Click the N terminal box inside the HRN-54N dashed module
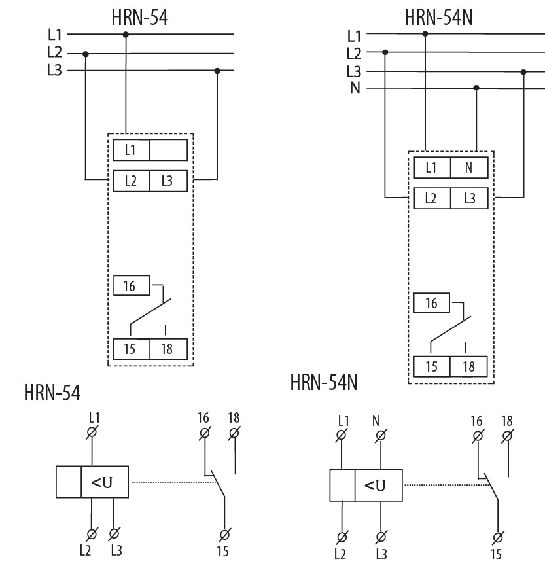coord(468,168)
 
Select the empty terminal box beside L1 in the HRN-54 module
coord(168,150)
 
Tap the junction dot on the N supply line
coord(476,88)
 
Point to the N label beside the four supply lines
coord(355,88)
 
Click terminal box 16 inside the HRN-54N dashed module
coord(432,304)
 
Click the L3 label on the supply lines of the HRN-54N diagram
coord(353,71)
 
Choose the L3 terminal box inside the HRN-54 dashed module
coord(168,181)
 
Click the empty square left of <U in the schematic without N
coord(68,483)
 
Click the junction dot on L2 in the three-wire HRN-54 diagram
coord(86,54)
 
